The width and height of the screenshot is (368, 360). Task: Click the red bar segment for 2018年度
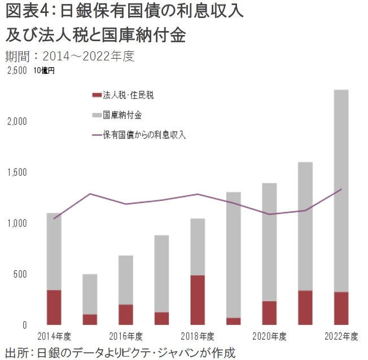(x=197, y=300)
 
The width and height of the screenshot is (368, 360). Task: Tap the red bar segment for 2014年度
(x=54, y=307)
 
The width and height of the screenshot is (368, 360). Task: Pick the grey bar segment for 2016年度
(x=125, y=280)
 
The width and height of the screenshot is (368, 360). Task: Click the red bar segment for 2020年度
(x=269, y=313)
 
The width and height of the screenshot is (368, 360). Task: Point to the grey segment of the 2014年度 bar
(x=54, y=252)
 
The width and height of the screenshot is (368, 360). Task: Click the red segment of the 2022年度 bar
(x=341, y=308)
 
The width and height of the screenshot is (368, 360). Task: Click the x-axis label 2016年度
(x=125, y=337)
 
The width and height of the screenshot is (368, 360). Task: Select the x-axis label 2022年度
(x=341, y=337)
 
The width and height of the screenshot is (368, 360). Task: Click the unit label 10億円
(x=43, y=71)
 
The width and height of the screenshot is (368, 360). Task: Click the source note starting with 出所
(x=119, y=352)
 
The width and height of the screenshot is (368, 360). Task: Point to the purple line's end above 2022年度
(x=341, y=190)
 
